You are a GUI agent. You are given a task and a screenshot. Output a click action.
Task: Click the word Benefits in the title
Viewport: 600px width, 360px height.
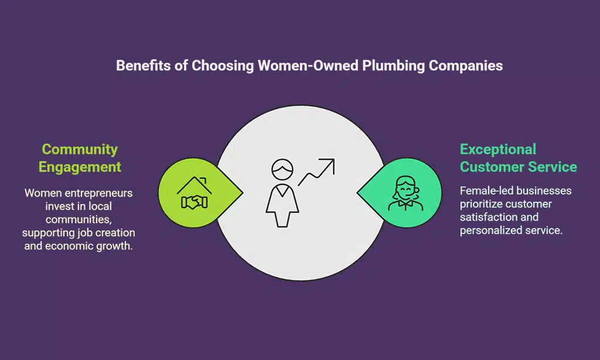click(x=139, y=65)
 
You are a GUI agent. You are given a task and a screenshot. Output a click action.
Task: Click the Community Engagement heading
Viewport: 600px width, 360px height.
click(x=80, y=158)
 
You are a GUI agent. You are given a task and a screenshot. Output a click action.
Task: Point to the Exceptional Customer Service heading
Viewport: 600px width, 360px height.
click(x=518, y=158)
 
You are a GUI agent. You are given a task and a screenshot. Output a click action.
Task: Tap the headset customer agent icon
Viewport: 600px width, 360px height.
click(x=404, y=194)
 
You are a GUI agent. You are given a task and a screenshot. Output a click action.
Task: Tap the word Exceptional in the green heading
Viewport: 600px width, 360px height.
click(x=498, y=149)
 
